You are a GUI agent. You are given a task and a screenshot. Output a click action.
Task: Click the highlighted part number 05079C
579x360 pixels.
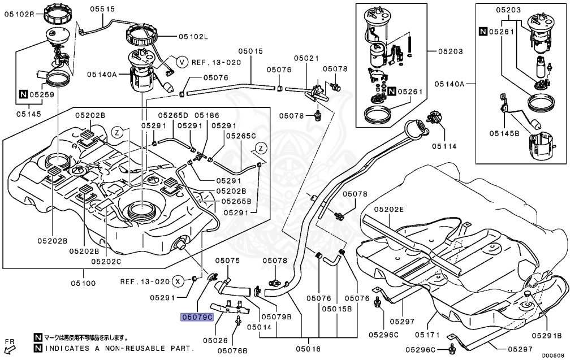tap(197, 317)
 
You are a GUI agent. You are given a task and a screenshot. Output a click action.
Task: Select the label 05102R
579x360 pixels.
tap(19, 14)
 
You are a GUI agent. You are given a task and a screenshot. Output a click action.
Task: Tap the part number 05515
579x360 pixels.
tap(103, 9)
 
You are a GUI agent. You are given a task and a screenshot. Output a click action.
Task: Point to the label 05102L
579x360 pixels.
tap(193, 37)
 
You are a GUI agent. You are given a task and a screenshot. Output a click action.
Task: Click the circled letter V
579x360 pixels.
tap(182, 62)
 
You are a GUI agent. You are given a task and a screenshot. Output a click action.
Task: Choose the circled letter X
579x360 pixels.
tap(178, 281)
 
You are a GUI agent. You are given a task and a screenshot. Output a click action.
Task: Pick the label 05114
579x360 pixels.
tap(444, 146)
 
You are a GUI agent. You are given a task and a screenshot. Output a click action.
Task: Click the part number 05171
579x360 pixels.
tap(427, 335)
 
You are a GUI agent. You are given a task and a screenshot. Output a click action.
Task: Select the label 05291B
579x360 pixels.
tap(547, 335)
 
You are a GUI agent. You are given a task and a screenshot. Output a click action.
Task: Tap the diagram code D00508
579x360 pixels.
tap(554, 355)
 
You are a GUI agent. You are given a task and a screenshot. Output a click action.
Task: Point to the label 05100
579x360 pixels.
tap(83, 283)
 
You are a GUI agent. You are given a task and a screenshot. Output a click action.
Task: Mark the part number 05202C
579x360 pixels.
tap(106, 262)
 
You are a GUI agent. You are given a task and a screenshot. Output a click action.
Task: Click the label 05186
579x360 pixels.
tap(207, 115)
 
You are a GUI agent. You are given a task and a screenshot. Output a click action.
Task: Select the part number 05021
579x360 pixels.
tap(306, 58)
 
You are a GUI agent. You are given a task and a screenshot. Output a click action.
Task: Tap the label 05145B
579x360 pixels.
tap(504, 133)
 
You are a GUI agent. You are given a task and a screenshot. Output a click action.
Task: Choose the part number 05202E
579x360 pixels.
tap(389, 209)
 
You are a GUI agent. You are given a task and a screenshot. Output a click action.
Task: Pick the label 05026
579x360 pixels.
tap(215, 340)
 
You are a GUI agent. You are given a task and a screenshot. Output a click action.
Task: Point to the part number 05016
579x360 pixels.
tap(308, 349)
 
